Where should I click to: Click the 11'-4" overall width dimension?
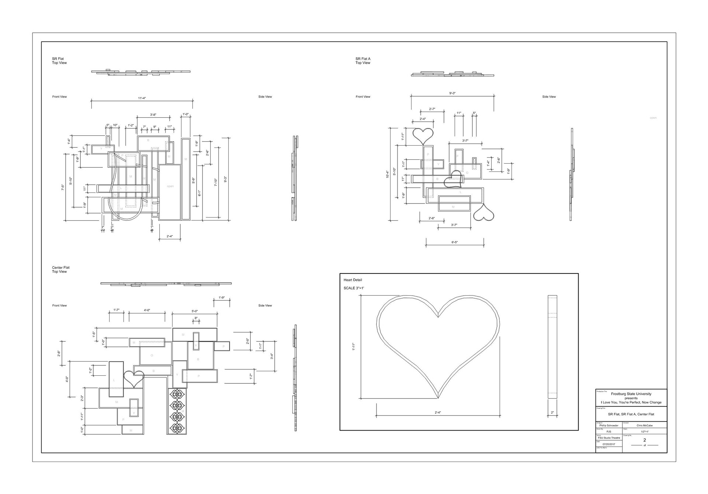[142, 98]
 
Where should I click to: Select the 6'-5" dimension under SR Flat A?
[454, 242]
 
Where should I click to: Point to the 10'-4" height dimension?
[387, 174]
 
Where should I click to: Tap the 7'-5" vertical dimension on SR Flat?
[63, 187]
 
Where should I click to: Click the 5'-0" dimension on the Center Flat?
[194, 312]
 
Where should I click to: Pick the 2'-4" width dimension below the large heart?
[438, 413]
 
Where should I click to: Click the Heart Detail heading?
[353, 280]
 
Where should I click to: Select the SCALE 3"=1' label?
[354, 288]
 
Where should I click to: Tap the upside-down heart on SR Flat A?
[483, 213]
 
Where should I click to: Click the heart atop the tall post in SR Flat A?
[423, 135]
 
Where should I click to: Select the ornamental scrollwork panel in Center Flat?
[177, 411]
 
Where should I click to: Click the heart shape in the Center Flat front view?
[133, 378]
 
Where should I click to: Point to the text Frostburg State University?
[631, 394]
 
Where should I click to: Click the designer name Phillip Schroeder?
[609, 425]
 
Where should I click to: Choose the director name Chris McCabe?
[645, 425]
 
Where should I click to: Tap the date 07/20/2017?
[609, 444]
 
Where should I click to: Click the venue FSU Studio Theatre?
[609, 438]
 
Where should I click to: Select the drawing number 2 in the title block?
[645, 440]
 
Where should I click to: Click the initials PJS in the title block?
[609, 432]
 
